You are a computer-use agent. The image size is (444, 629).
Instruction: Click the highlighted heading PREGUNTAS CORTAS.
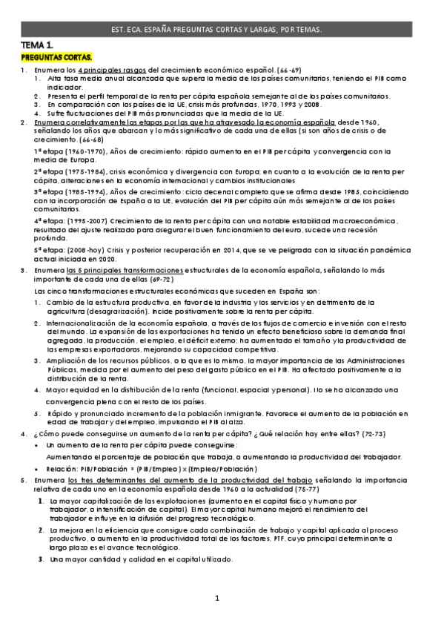tap(57, 57)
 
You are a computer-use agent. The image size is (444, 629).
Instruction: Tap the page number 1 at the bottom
tap(217, 597)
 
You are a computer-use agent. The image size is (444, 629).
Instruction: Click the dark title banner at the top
tap(222, 29)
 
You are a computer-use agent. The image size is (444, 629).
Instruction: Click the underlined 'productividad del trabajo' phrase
tap(263, 481)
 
